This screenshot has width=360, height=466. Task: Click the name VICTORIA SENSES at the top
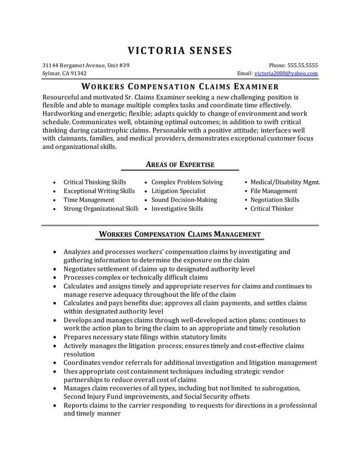click(x=179, y=50)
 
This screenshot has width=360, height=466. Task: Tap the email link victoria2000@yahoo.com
click(x=286, y=73)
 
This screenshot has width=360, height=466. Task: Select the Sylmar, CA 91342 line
click(x=65, y=73)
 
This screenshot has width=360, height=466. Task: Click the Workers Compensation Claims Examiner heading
click(x=180, y=87)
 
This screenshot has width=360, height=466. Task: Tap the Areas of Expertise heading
click(x=180, y=164)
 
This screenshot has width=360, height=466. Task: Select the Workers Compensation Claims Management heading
click(x=180, y=234)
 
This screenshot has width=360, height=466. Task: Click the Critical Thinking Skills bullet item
click(x=95, y=182)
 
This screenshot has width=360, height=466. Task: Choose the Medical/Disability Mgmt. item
click(x=286, y=182)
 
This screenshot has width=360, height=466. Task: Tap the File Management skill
click(x=274, y=191)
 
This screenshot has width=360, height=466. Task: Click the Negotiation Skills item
click(x=275, y=200)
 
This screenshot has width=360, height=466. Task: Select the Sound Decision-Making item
click(x=184, y=200)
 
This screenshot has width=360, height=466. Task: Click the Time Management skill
click(x=89, y=200)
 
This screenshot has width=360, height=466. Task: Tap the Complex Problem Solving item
click(x=187, y=182)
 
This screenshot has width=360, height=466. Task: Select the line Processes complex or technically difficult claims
click(x=136, y=278)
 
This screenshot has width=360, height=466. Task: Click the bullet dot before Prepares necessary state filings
click(x=54, y=337)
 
